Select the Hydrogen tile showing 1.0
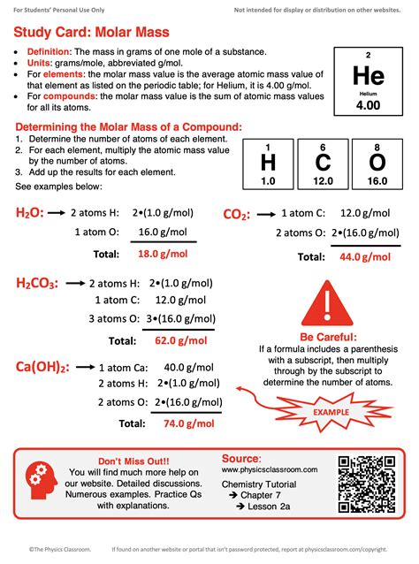click(268, 164)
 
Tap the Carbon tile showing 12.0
click(324, 164)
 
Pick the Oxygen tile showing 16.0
click(377, 164)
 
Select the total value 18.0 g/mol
click(163, 253)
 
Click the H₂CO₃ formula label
click(37, 283)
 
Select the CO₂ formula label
click(236, 214)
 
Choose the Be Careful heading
click(329, 338)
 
